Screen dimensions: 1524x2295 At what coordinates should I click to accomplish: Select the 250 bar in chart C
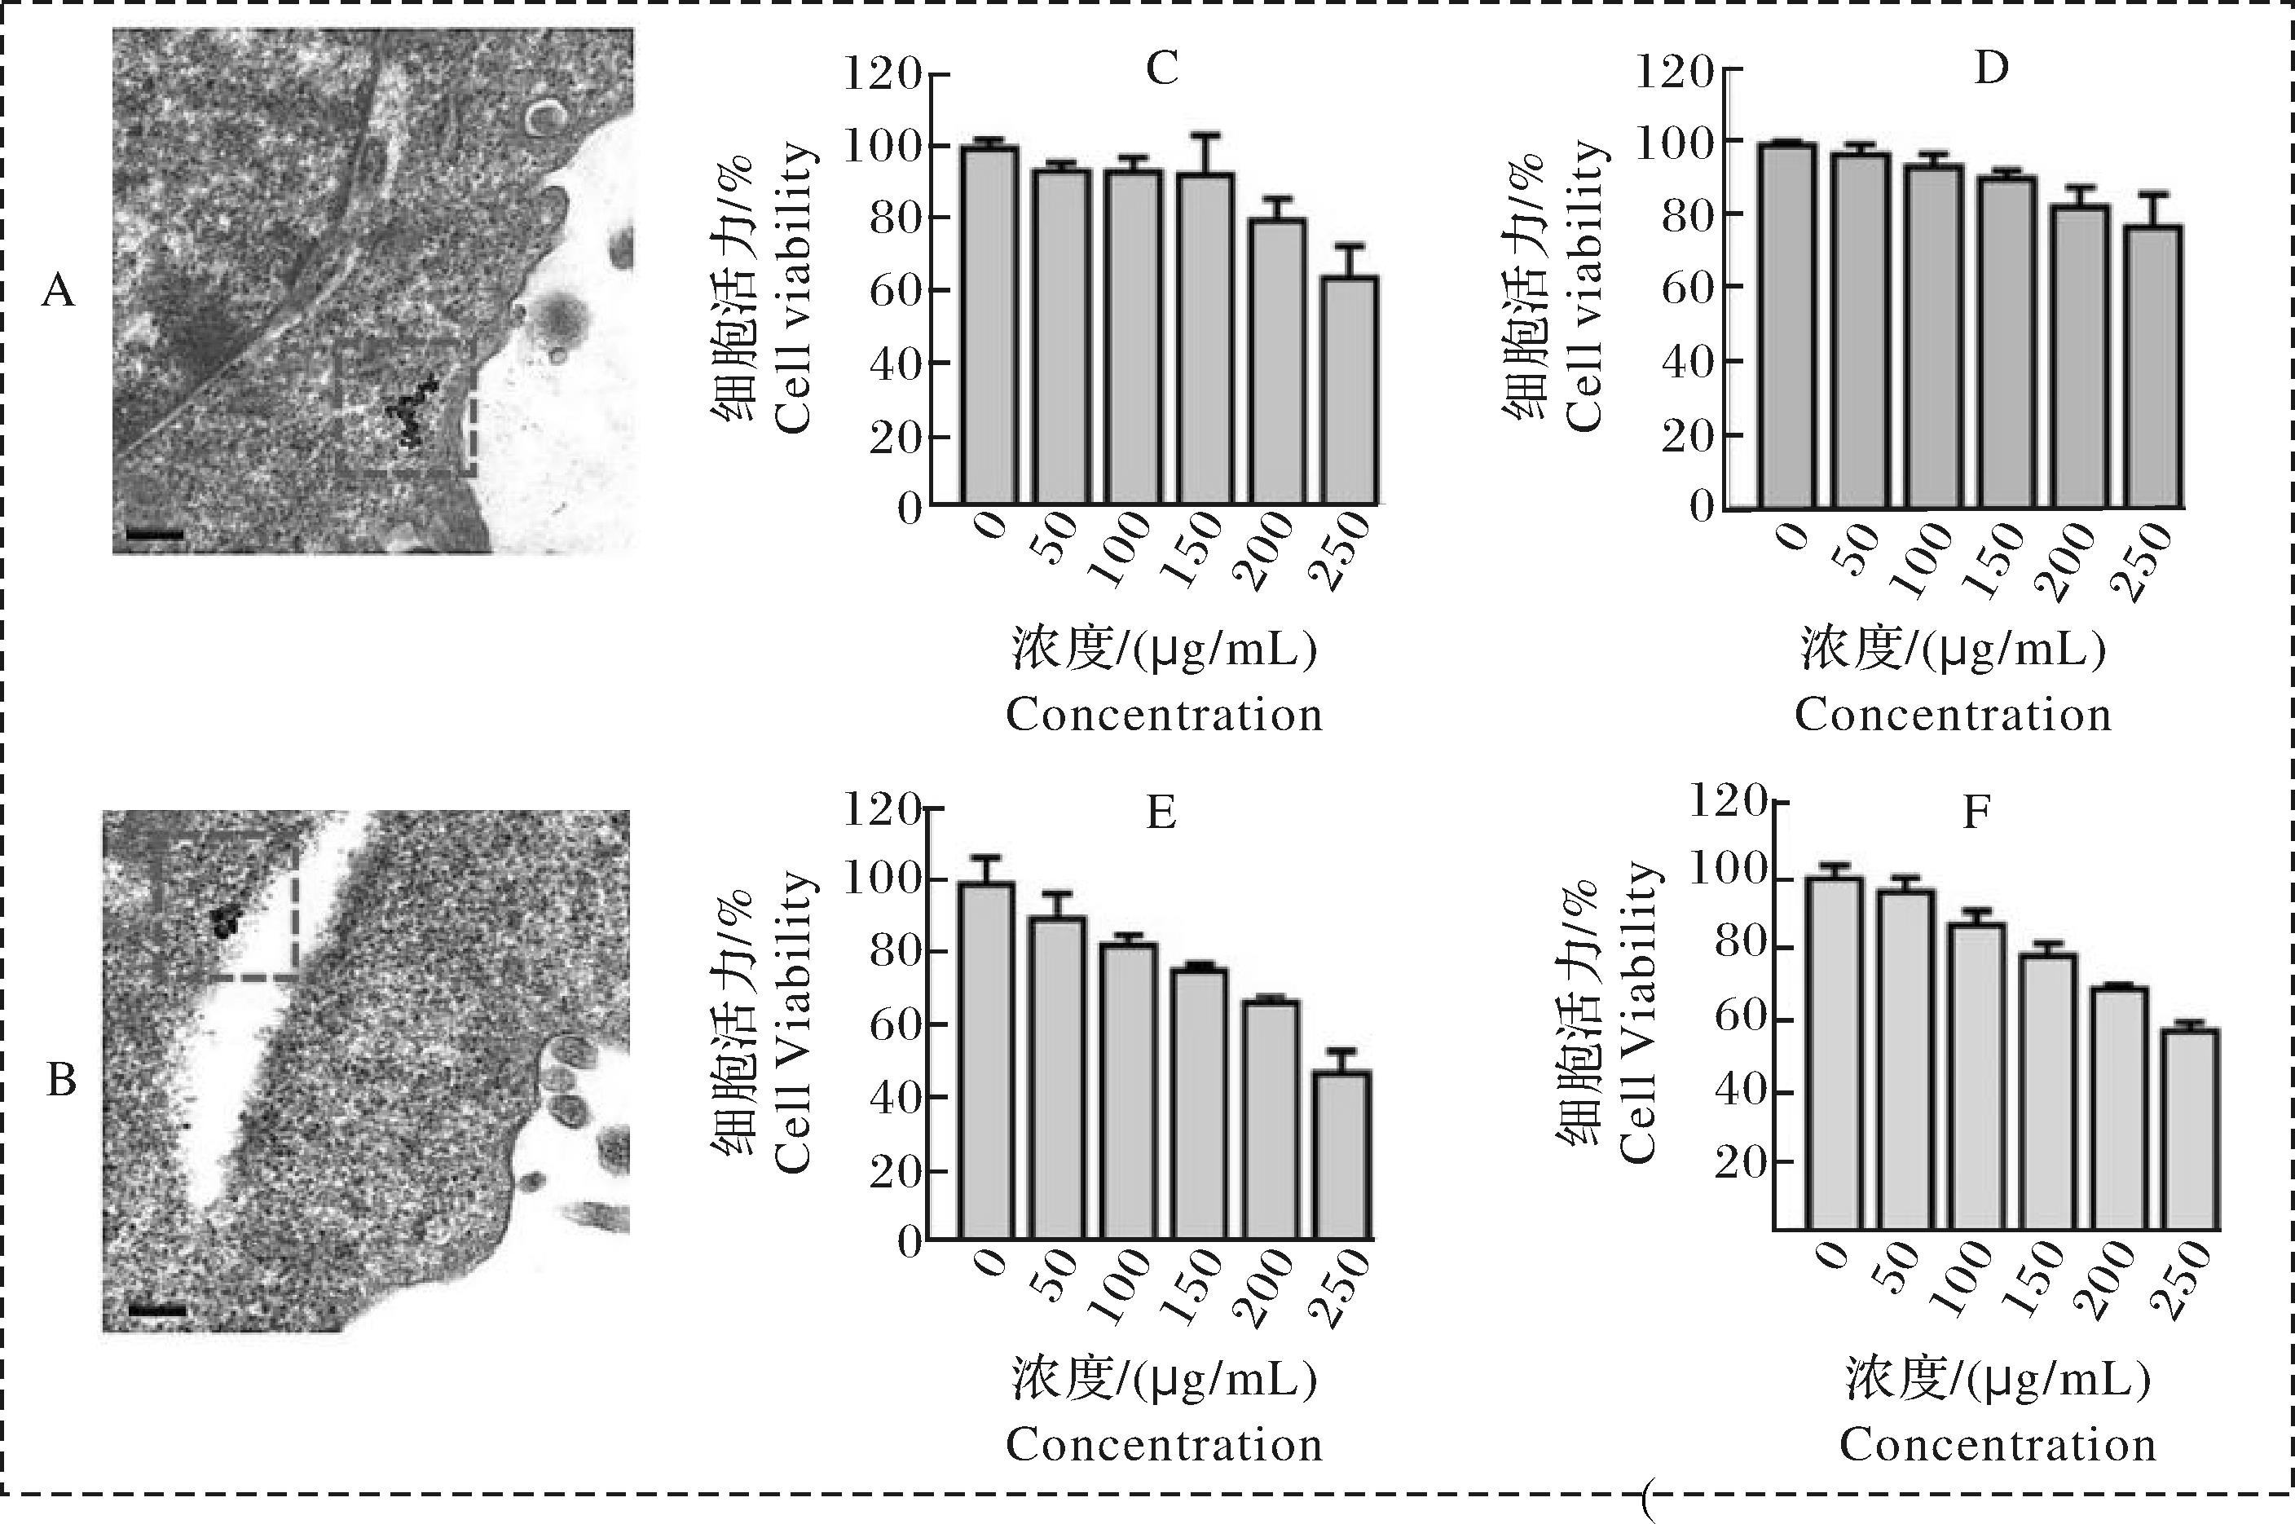coord(1348,390)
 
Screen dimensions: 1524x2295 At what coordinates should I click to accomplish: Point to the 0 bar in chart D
coord(1786,326)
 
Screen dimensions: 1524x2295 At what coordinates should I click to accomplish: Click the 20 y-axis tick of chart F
coord(1740,1161)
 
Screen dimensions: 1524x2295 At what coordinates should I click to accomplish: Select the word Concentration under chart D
coord(1953,716)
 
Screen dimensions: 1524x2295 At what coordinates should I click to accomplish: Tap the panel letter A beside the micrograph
coord(59,289)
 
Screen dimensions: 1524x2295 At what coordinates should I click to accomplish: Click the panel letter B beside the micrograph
coord(61,1080)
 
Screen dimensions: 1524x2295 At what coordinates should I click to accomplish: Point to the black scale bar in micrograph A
coord(155,534)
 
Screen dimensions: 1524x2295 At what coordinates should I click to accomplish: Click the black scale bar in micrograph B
coord(156,1310)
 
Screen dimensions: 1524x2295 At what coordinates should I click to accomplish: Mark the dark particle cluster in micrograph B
coord(227,918)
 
